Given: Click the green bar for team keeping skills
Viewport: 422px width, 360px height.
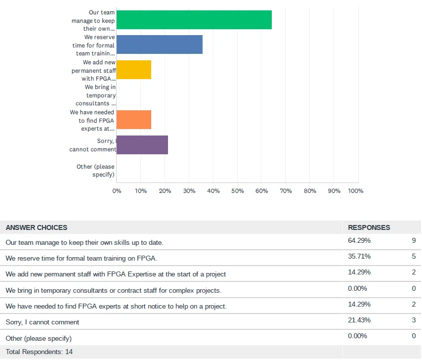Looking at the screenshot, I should point(194,20).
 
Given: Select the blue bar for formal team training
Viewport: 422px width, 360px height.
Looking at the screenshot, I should point(159,45).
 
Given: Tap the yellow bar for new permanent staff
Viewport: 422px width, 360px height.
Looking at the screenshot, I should point(133,70).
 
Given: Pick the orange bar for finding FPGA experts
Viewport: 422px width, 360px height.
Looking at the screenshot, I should point(133,120).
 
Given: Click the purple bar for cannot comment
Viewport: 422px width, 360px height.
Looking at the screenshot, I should point(142,145).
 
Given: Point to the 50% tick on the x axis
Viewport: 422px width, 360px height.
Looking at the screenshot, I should point(238,191).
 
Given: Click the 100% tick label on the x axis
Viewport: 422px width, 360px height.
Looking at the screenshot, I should point(356,191).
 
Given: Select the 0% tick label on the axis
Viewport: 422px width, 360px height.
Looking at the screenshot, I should point(117,191).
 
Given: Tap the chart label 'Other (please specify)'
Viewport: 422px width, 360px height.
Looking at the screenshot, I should point(95,171).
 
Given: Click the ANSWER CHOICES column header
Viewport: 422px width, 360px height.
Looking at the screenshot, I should point(37,227).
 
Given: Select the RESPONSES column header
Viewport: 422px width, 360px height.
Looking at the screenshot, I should point(369,227).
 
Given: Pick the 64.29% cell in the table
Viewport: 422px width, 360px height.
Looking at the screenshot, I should point(359,241).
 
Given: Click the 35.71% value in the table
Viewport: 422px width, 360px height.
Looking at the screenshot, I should point(359,257).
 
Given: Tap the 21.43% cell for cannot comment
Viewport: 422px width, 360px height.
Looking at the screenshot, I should point(359,320).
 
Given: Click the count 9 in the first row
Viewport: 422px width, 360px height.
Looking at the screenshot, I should point(413,241).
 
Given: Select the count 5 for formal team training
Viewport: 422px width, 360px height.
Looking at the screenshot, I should point(413,257).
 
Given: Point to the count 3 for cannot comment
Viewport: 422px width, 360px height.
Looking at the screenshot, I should point(413,320).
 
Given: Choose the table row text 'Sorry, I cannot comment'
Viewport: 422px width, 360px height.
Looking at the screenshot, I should point(42,322).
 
